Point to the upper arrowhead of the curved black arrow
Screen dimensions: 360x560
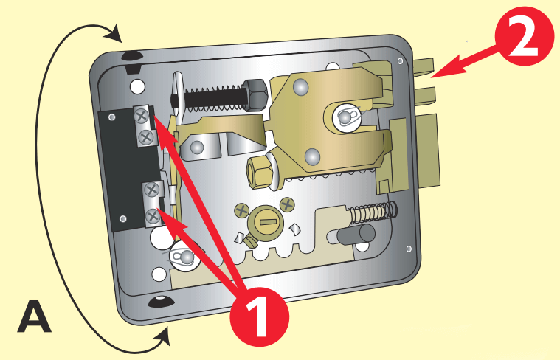click(114, 32)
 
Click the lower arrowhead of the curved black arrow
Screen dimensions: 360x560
click(163, 339)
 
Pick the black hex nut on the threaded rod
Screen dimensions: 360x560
click(254, 93)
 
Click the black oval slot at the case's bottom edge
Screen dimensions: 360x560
click(159, 301)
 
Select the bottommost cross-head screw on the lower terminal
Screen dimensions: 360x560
click(153, 216)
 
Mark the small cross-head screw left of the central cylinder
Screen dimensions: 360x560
click(241, 210)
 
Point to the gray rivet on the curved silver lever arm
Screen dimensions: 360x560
click(197, 148)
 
